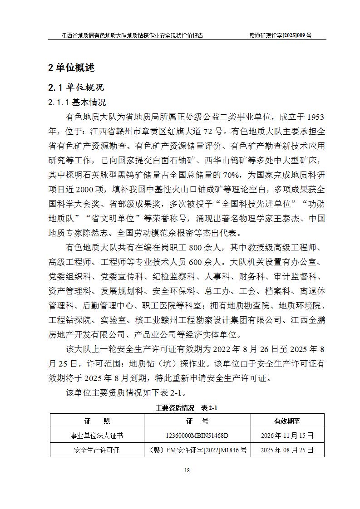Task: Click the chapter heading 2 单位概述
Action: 71,68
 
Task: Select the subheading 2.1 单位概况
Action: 76,87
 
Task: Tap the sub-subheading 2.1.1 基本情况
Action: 77,103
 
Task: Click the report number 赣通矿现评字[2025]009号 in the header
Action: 281,35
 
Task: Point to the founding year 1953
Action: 314,117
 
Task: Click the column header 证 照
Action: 97,421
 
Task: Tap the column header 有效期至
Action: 287,421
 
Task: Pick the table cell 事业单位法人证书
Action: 97,436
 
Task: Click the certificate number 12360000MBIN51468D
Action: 197,436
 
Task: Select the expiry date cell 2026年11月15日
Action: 287,436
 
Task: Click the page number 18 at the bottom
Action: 187,470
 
